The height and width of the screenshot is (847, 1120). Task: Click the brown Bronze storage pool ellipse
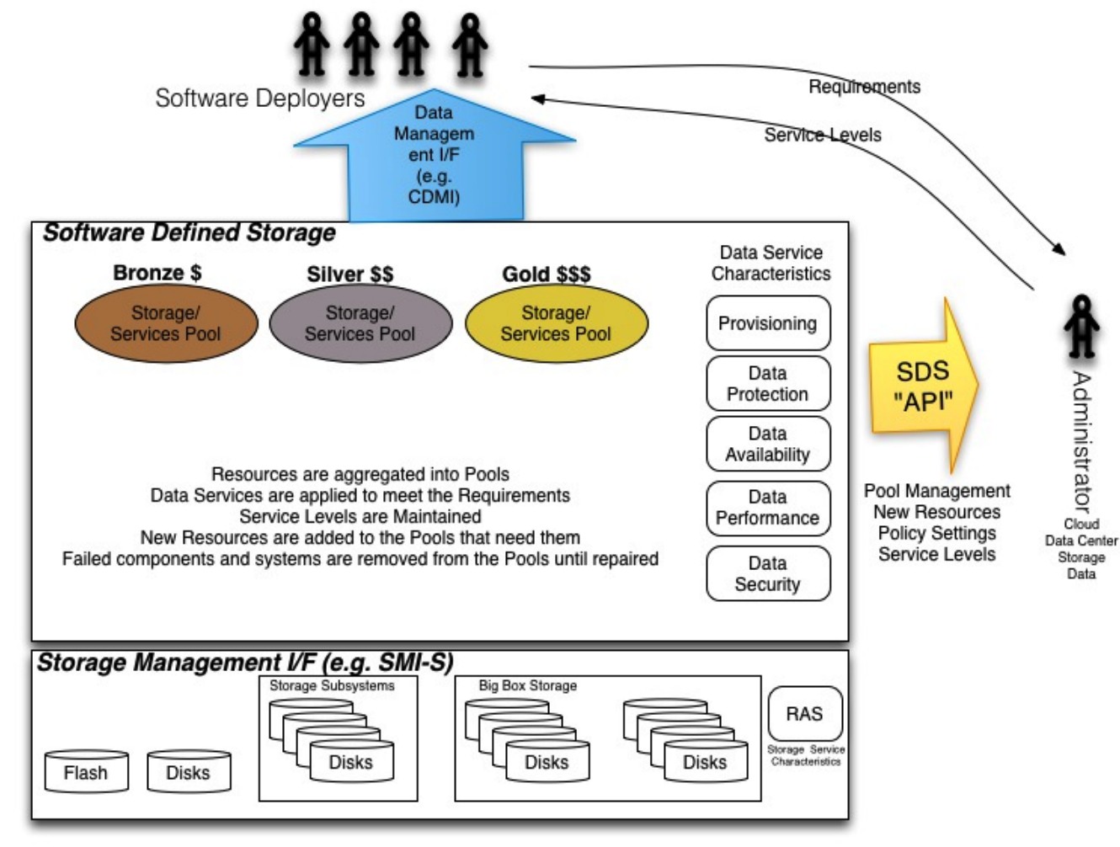click(x=166, y=322)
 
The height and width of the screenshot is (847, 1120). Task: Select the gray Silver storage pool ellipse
click(x=360, y=322)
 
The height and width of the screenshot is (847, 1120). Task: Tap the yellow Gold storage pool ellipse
click(x=556, y=322)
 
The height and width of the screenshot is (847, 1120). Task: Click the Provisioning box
click(x=768, y=322)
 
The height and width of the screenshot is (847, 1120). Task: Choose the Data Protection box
click(x=768, y=383)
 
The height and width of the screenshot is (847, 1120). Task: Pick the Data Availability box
click(x=768, y=444)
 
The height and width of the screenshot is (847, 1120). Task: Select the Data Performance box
click(x=768, y=508)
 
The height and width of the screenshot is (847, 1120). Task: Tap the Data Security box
click(x=768, y=573)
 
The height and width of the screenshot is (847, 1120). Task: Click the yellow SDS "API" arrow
click(x=924, y=386)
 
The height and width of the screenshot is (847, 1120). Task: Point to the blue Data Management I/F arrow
click(x=435, y=156)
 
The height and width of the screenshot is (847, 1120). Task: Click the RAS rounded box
click(x=805, y=713)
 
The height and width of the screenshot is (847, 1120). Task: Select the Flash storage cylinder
click(x=86, y=770)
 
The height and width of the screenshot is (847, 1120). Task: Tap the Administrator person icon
click(x=1081, y=327)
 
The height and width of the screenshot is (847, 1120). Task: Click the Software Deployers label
click(x=259, y=98)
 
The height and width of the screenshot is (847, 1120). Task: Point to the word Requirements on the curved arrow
click(x=864, y=87)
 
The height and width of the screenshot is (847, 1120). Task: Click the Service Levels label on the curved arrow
click(x=823, y=135)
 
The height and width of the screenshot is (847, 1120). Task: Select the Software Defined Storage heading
click(x=189, y=233)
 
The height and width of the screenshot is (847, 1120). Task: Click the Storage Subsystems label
click(x=332, y=686)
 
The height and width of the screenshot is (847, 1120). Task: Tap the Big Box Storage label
click(x=528, y=686)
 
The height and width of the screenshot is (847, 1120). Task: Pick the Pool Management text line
click(x=936, y=491)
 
